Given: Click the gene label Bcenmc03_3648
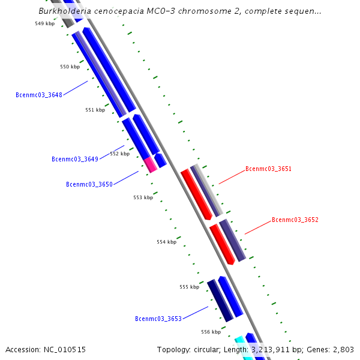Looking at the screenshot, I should pos(39,95).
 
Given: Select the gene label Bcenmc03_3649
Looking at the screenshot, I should pos(75,159).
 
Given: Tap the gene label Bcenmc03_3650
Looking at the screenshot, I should pos(89,184).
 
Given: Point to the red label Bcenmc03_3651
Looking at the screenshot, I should pos(268,169).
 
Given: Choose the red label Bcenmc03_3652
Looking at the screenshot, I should pos(295,220).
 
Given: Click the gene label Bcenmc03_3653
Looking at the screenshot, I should pos(158,319).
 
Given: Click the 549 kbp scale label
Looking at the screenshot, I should pos(45,23).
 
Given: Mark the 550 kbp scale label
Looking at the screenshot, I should pos(70,67).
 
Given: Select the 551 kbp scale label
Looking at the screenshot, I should pos(95,110).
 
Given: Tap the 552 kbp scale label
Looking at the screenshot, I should pos(119,154).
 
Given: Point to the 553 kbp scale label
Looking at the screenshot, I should pos(143,197).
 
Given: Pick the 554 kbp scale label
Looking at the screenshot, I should pos(166,242).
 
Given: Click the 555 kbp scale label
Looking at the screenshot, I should pos(189,287).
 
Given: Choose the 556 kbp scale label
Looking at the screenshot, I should pos(211,332).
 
